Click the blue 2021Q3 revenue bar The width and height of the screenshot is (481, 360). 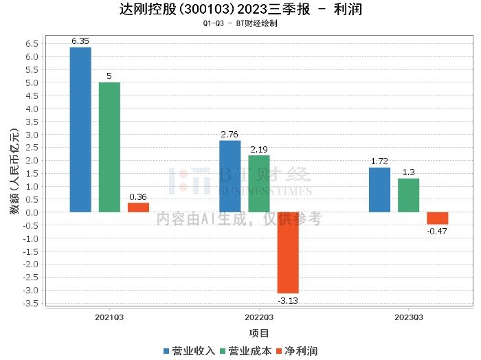(80, 130)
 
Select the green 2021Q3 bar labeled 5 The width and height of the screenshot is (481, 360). (109, 147)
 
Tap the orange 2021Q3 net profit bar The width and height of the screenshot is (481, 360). (138, 207)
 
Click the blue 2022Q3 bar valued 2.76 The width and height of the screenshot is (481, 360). (230, 176)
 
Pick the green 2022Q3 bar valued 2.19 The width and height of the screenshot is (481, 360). (259, 183)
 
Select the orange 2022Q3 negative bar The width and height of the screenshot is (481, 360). (288, 253)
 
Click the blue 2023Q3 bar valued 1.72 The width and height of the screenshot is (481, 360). (379, 190)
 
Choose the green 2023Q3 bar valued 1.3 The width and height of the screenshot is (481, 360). (408, 195)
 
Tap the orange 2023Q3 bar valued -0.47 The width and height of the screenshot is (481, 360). (437, 218)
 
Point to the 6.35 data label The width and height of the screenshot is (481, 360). (81, 41)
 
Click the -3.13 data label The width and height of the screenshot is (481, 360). (288, 300)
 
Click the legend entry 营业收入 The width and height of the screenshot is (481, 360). (189, 350)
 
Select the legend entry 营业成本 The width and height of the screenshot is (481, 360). (245, 350)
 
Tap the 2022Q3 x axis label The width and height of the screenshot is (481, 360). (259, 317)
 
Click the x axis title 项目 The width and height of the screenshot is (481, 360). (259, 333)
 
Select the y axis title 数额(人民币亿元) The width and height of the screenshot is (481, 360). (14, 172)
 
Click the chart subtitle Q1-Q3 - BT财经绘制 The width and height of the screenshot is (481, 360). (240, 23)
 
